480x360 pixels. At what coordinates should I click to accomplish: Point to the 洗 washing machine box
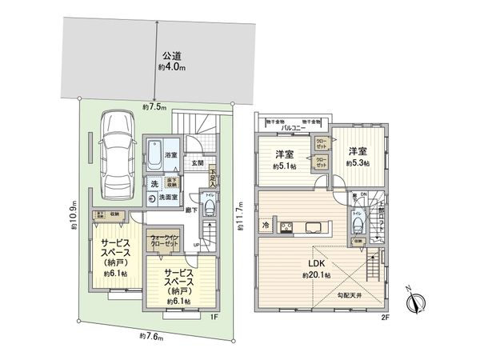(x=154, y=185)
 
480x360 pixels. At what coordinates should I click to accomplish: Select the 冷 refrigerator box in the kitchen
(x=266, y=225)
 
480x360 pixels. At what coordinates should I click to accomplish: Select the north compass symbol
(x=414, y=303)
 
